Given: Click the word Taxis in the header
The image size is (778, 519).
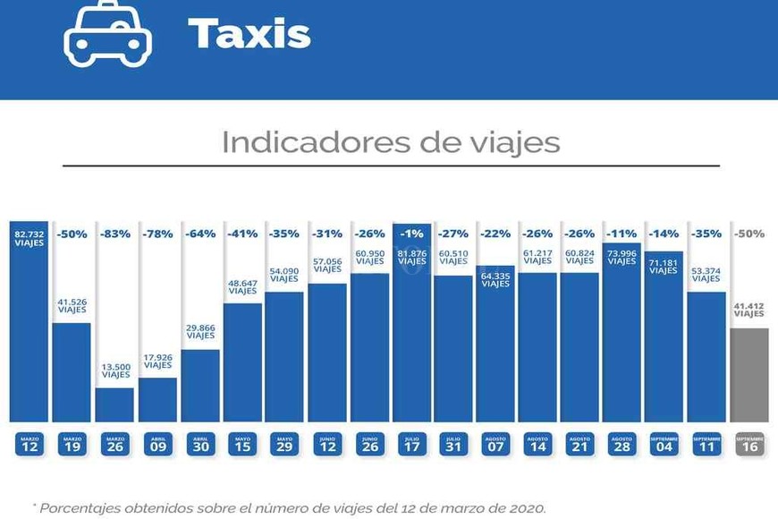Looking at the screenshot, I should click(249, 34).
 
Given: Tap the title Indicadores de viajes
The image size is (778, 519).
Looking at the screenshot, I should click(391, 142).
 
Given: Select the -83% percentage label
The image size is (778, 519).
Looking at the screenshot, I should click(114, 234).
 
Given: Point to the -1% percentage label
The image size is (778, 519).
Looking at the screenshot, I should click(412, 234).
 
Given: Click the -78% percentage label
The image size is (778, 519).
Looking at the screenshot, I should click(157, 234).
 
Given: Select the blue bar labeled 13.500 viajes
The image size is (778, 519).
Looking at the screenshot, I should click(114, 404).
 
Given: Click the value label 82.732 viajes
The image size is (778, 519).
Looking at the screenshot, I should click(30, 237).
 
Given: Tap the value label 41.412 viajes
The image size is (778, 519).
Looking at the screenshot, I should click(749, 311).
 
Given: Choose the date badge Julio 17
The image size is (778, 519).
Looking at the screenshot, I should click(412, 444).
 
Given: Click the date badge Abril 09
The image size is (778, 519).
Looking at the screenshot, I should click(157, 444).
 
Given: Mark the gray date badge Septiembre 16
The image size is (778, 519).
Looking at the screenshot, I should click(749, 444).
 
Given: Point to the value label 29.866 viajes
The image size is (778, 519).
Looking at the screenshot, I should click(200, 332).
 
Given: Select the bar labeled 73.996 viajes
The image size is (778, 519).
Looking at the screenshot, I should click(622, 340).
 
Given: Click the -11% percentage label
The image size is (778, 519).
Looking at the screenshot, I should click(622, 234).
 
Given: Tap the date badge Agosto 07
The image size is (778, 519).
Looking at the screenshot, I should click(495, 444).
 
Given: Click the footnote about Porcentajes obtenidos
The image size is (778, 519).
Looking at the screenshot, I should click(289, 507).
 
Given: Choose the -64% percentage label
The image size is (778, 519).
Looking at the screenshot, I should click(200, 234).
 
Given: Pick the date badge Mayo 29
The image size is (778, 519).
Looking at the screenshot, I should click(284, 444).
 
